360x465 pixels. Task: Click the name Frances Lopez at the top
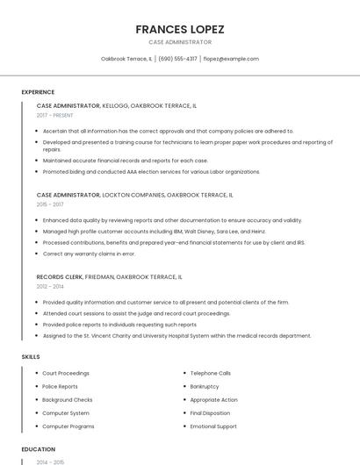pos(180,29)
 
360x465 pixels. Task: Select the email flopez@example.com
pos(231,59)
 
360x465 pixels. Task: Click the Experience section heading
pos(38,92)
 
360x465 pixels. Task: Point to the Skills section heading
pos(31,357)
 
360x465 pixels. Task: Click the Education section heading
pos(39,449)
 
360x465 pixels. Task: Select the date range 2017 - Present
pos(55,115)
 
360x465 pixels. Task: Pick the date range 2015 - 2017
pos(50,204)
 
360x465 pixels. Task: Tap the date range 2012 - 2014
pos(50,286)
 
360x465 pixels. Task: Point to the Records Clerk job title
pos(59,276)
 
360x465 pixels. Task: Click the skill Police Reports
pos(61,386)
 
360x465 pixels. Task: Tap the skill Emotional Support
pos(213,426)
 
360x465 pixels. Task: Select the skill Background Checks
pos(68,399)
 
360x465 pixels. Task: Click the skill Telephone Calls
pos(211,373)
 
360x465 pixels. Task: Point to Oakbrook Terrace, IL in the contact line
pos(126,59)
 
